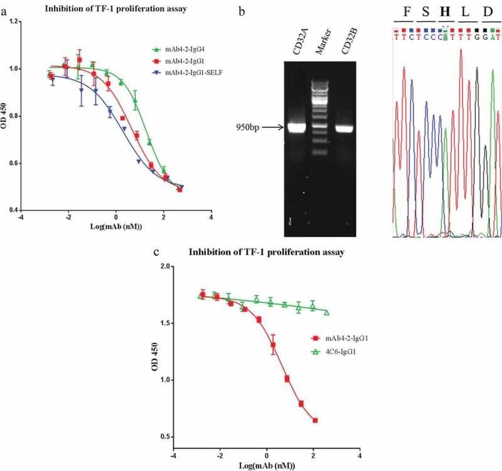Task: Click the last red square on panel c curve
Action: [315, 420]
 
